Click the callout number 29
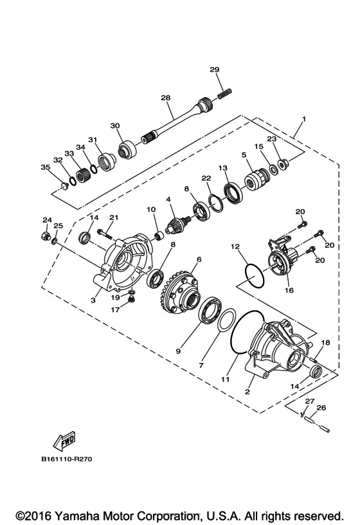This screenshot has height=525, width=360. (x=215, y=69)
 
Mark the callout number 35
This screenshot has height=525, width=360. (x=45, y=167)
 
